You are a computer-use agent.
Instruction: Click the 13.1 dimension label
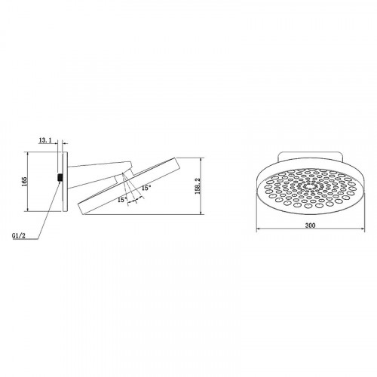(45, 140)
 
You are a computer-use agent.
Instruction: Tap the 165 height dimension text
(24, 181)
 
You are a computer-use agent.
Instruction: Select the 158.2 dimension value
(198, 186)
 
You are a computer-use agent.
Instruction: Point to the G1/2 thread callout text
(19, 235)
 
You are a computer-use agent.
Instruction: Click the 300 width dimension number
(310, 225)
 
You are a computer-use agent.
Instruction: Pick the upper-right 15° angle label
(146, 188)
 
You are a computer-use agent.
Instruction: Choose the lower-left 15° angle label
(122, 200)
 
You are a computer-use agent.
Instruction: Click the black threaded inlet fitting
(60, 177)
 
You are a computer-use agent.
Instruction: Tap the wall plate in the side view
(65, 182)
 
